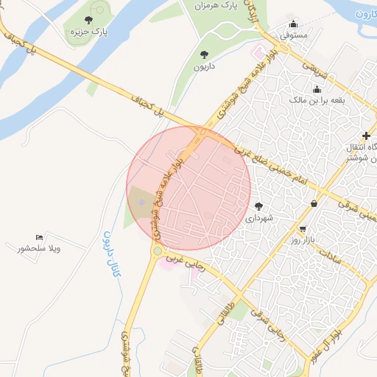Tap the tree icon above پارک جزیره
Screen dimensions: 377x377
pyautogui.click(x=89, y=21)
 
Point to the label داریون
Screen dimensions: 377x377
pyautogui.click(x=203, y=67)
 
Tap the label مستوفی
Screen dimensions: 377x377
pyautogui.click(x=295, y=35)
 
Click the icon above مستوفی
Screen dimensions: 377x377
pyautogui.click(x=295, y=23)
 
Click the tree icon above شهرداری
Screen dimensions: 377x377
pyautogui.click(x=258, y=205)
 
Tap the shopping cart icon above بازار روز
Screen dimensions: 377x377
pyautogui.click(x=303, y=228)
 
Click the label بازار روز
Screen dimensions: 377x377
pyautogui.click(x=303, y=240)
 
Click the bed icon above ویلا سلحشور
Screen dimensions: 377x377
pyautogui.click(x=39, y=237)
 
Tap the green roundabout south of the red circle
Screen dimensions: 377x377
pyautogui.click(x=157, y=251)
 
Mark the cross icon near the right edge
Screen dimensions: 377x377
pyautogui.click(x=366, y=135)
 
